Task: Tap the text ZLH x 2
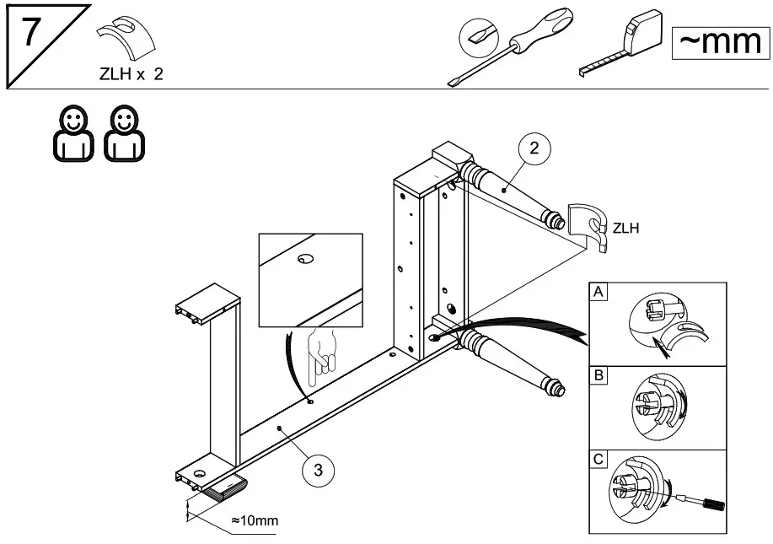point(132,74)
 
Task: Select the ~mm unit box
point(720,42)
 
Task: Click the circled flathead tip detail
point(479,37)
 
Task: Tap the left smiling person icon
point(73,133)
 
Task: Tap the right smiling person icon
point(124,133)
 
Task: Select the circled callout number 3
point(319,470)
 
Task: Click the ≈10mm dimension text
point(255,520)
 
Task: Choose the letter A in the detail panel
point(598,292)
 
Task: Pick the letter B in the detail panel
point(599,375)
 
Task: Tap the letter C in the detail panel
point(599,459)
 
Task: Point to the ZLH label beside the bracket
point(625,229)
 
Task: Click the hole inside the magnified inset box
point(306,259)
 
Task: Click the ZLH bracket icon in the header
point(126,39)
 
